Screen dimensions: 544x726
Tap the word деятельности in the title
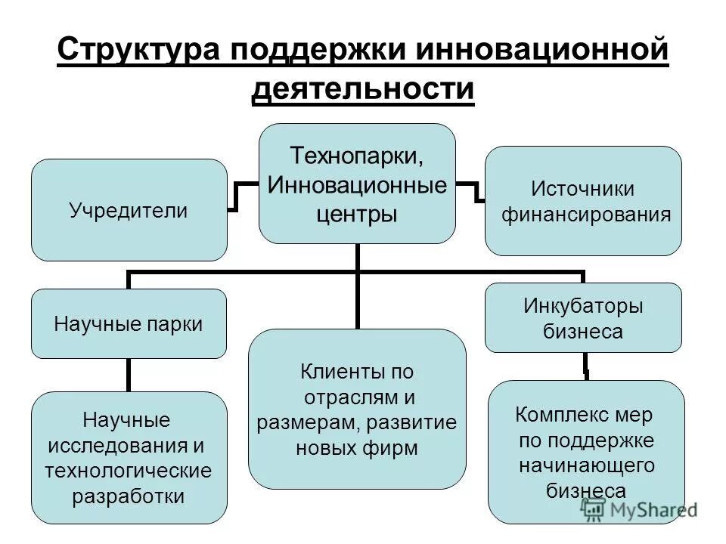click(x=363, y=88)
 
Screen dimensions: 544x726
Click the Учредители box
click(x=129, y=210)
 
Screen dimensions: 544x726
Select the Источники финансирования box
click(x=583, y=201)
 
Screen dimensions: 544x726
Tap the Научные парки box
click(x=129, y=324)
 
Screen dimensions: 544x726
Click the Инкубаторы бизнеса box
click(x=583, y=318)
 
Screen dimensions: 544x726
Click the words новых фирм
click(x=356, y=448)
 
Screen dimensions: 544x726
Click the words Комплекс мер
click(x=583, y=415)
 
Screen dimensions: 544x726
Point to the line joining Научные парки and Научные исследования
click(x=128, y=375)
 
